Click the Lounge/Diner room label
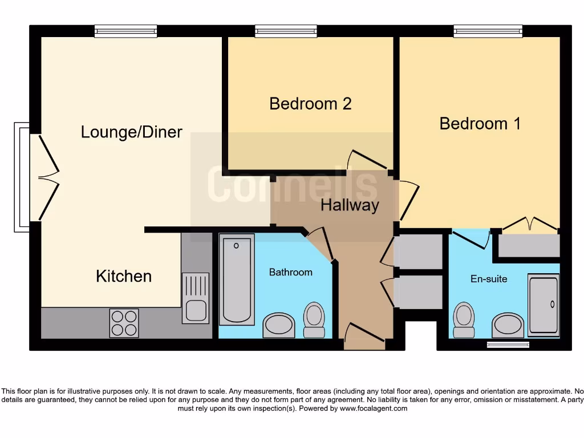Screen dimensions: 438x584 click(131, 132)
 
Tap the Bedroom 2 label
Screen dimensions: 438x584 click(310, 104)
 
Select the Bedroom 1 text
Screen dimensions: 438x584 click(480, 124)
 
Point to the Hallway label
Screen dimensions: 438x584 click(350, 205)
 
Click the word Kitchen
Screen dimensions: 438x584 click(124, 277)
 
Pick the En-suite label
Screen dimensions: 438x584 click(489, 279)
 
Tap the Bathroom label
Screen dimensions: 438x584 click(290, 272)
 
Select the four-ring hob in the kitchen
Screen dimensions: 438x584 click(124, 323)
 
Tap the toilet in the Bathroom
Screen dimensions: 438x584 click(314, 319)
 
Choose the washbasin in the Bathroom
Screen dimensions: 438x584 click(279, 325)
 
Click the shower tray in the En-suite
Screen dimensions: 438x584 click(544, 303)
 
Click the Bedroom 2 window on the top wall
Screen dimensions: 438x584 click(286, 31)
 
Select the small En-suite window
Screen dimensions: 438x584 click(508, 344)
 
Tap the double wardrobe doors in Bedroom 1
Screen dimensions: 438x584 click(525, 224)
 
